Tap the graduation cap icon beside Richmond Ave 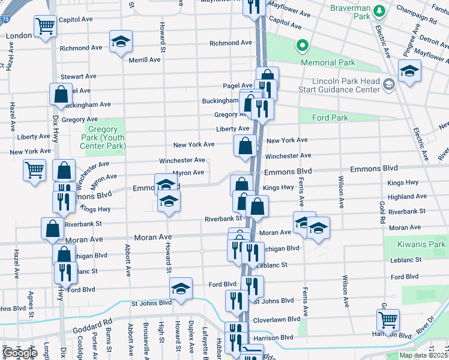[x=121, y=41]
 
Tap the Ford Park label [x=330, y=118]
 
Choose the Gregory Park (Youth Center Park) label [x=106, y=137]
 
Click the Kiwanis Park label [x=422, y=244]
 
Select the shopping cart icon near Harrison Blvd [x=388, y=320]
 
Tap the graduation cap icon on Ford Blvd [x=181, y=289]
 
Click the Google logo [x=19, y=353]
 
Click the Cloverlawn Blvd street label [x=277, y=319]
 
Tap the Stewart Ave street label [x=79, y=76]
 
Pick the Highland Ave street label [x=407, y=196]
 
